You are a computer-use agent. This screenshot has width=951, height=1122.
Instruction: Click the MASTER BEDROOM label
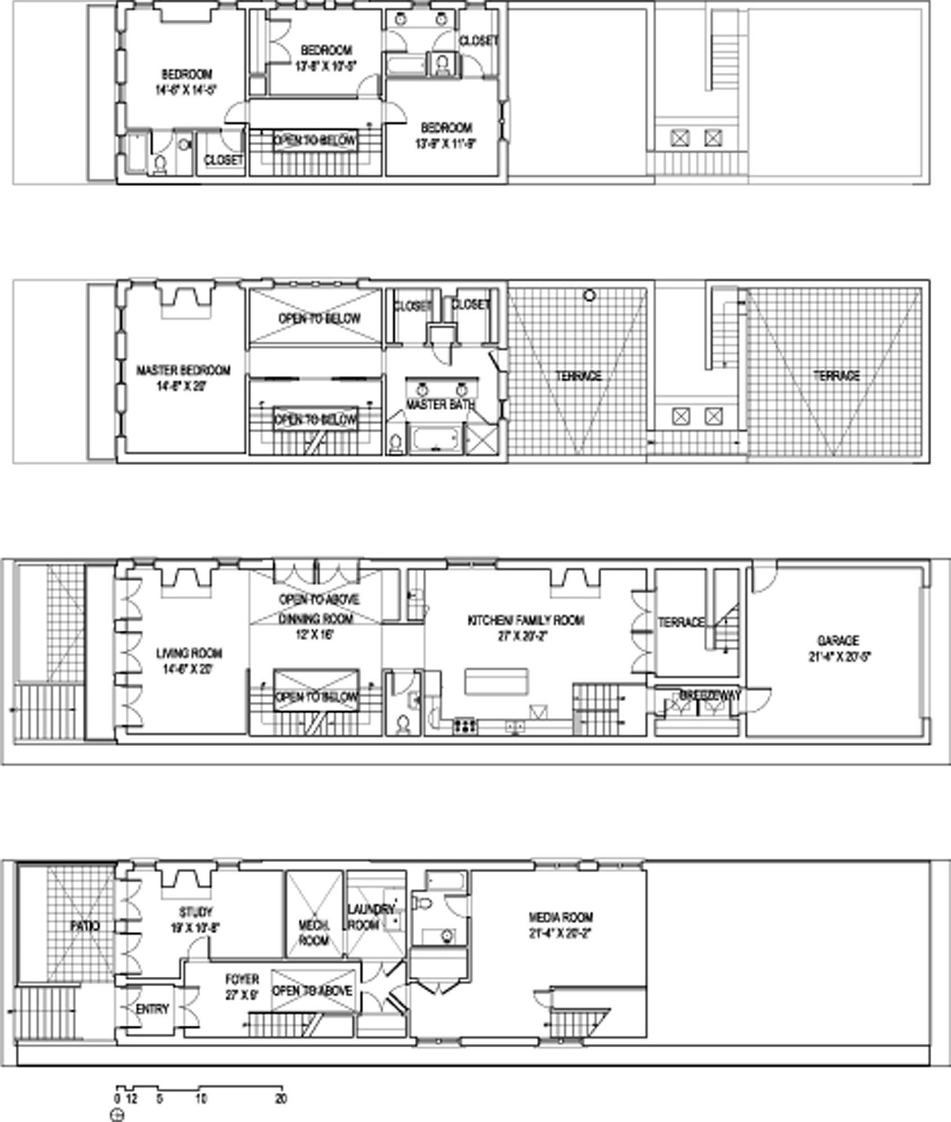(x=183, y=370)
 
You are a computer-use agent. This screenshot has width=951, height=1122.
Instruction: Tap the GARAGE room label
(x=838, y=641)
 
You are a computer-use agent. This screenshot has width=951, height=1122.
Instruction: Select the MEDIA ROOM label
(x=560, y=917)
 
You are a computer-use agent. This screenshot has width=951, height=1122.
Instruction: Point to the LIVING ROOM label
(x=188, y=653)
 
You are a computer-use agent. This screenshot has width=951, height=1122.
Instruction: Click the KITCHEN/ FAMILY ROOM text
(x=526, y=621)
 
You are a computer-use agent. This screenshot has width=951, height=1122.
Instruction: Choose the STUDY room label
(x=195, y=912)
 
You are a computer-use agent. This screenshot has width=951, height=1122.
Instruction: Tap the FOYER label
(x=242, y=979)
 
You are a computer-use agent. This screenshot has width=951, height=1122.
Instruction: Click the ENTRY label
(x=152, y=1009)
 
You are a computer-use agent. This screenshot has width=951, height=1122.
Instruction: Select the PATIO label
(x=85, y=926)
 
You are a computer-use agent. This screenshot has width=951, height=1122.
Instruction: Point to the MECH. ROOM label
(x=314, y=933)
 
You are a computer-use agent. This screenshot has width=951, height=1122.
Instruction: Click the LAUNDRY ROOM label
(x=370, y=917)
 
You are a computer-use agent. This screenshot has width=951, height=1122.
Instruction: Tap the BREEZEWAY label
(x=709, y=695)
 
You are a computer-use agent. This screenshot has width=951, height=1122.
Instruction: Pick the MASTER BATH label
(x=440, y=404)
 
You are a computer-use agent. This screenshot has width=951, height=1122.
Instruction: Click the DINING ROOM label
(x=316, y=619)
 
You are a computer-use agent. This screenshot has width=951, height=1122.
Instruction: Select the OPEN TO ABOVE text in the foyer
(x=312, y=991)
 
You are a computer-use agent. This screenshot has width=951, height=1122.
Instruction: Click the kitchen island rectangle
(x=496, y=681)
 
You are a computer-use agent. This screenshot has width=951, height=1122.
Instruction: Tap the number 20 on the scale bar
(x=281, y=1099)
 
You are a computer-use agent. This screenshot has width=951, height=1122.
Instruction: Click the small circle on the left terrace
(x=590, y=295)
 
